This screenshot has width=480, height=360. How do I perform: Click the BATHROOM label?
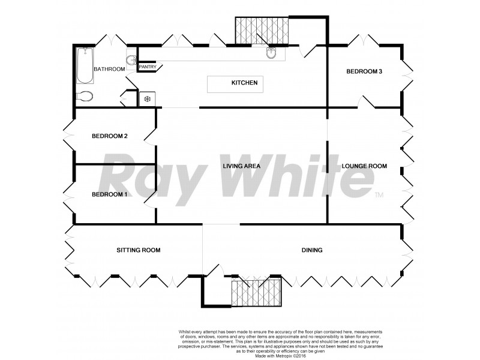click(109, 69)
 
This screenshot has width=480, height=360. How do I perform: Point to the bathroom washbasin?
click(131, 59)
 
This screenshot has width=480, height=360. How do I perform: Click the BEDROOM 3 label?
click(364, 71)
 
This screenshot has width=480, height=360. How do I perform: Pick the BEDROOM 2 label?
click(109, 136)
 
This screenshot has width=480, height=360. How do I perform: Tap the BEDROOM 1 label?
click(109, 194)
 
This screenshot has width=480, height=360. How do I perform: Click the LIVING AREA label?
click(240, 166)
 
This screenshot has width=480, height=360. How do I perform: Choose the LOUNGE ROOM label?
click(364, 166)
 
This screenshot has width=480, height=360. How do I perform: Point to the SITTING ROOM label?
click(139, 250)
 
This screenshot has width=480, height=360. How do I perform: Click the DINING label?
click(312, 250)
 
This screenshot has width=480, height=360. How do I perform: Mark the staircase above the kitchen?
click(261, 30)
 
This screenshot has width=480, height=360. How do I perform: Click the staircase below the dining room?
click(256, 292)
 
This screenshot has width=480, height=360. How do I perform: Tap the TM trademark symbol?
click(379, 196)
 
